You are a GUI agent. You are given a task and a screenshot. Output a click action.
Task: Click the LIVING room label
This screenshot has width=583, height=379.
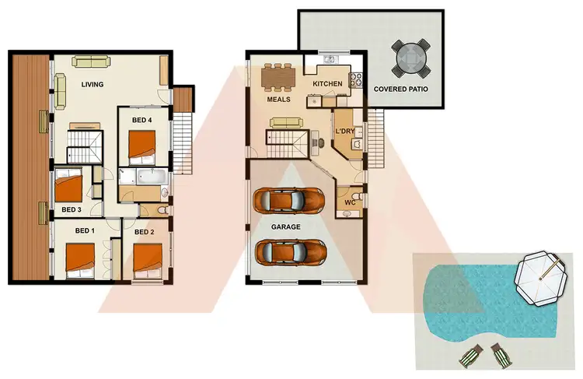[x=93, y=85]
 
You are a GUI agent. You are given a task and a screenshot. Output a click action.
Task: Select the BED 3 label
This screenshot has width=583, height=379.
[x=71, y=209]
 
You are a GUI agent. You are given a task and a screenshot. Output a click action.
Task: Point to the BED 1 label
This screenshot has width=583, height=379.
[x=84, y=231]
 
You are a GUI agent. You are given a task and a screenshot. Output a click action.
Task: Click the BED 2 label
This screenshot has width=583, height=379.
[x=145, y=231]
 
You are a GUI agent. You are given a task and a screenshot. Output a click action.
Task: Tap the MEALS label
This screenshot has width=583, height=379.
[x=278, y=100]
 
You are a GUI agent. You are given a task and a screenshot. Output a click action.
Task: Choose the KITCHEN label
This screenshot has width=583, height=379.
[x=328, y=84]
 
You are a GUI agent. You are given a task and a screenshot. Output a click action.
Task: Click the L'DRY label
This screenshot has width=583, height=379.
[x=344, y=132]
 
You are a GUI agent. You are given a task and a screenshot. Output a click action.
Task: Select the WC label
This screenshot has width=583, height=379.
[x=350, y=202]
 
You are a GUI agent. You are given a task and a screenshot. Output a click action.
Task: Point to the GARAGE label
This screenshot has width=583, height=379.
[x=286, y=227]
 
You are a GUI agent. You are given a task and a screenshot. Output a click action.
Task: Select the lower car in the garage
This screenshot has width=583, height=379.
[x=291, y=251]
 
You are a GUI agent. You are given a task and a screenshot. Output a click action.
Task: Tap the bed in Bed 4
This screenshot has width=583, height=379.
[x=145, y=145]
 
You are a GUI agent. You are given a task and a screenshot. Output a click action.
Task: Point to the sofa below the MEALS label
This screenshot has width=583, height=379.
[x=285, y=122]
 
